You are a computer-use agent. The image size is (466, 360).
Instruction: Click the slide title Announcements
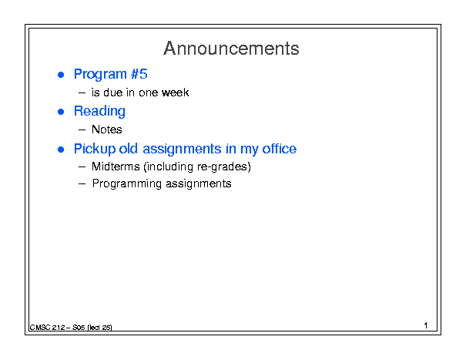click(231, 49)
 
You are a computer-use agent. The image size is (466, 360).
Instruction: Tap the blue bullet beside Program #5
click(61, 75)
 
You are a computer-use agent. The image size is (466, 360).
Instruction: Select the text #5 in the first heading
click(139, 74)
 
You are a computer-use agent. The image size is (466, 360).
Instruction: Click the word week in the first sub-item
click(175, 93)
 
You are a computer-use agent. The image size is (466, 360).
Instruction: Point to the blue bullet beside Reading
click(61, 112)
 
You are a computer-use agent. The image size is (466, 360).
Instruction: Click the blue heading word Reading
click(99, 111)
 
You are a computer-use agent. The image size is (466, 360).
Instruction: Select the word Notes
click(107, 130)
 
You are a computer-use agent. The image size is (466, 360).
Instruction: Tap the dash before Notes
click(82, 130)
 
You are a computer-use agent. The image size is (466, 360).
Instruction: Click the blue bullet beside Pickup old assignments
click(61, 150)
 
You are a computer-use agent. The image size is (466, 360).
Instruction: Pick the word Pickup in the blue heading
click(95, 149)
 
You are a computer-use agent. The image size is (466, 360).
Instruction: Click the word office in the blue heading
click(279, 149)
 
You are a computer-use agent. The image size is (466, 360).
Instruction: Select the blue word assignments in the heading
click(182, 149)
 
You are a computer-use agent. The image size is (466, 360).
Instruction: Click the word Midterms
click(116, 167)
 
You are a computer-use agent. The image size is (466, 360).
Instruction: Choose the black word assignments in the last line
click(199, 184)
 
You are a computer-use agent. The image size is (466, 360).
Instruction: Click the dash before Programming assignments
click(82, 184)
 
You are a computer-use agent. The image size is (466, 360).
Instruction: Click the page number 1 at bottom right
click(426, 325)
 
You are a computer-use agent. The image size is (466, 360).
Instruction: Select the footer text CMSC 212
click(47, 328)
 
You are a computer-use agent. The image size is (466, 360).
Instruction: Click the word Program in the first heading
click(100, 74)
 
